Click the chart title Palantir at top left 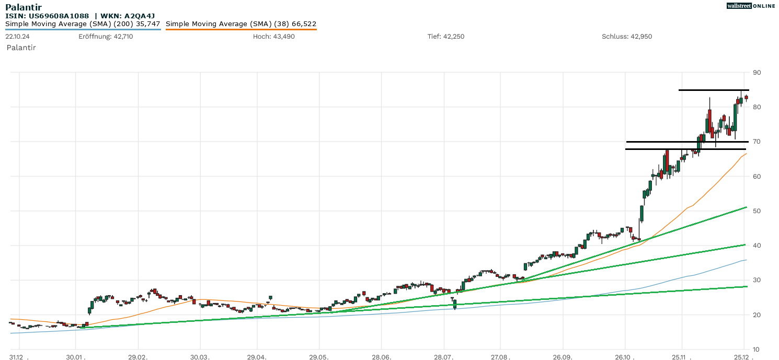click(x=23, y=7)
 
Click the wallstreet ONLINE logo click(x=751, y=6)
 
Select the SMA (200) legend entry click(x=83, y=24)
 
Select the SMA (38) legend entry click(x=241, y=24)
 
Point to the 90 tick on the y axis click(x=757, y=73)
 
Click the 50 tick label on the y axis click(x=757, y=211)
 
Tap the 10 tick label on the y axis click(x=757, y=350)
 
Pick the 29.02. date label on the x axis click(x=139, y=356)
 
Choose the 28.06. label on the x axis click(x=382, y=356)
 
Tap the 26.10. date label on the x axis click(x=625, y=356)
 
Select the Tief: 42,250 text click(x=446, y=37)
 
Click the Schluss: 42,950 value click(x=627, y=37)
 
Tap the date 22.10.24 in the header click(x=18, y=37)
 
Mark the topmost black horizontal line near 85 click(x=714, y=90)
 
